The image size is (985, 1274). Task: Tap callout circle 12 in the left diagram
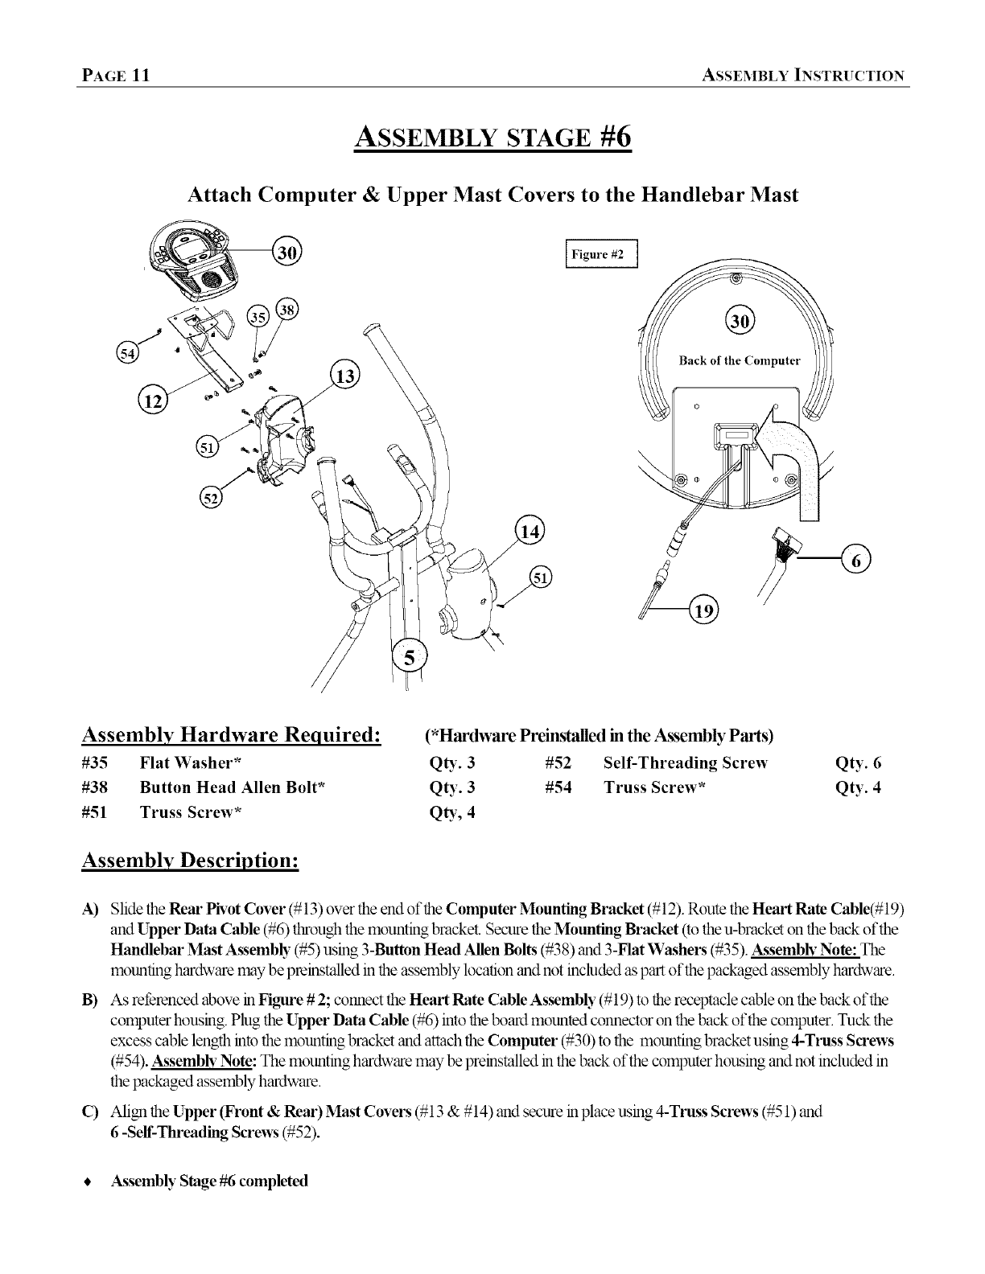pos(150,399)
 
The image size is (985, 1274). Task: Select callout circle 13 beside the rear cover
pos(347,376)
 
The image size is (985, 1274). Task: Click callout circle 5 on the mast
pos(411,659)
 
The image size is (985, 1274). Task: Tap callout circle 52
pos(211,499)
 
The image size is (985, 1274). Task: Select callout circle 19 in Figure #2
pos(705,611)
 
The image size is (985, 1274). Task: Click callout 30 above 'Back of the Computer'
pos(740,322)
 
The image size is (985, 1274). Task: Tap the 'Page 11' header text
pos(113,76)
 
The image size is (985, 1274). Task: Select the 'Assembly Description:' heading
pos(191,860)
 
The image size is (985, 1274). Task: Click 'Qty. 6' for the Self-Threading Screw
pos(859,763)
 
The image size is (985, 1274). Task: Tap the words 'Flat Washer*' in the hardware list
pos(192,763)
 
